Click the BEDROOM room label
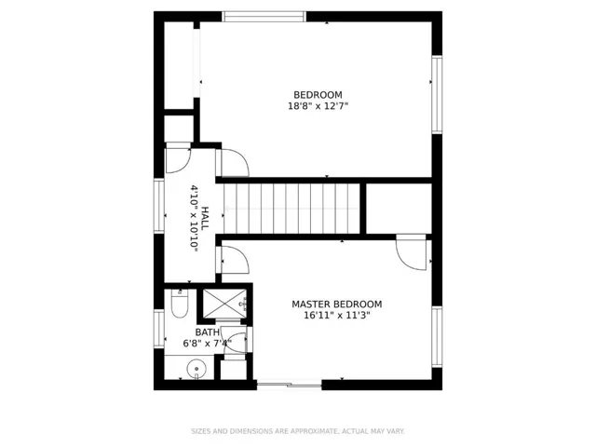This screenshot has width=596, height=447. [x=318, y=95]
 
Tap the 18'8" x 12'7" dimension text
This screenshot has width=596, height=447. [x=318, y=106]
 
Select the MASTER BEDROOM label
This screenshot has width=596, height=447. [x=337, y=305]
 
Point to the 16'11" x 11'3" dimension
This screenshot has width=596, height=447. [x=337, y=315]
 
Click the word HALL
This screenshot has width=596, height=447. [x=205, y=218]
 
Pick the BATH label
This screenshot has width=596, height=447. [x=207, y=332]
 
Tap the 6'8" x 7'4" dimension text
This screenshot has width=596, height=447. [x=207, y=344]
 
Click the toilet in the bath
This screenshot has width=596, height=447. [x=180, y=304]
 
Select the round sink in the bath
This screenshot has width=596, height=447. [x=196, y=369]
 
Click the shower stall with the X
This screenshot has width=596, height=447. [x=224, y=304]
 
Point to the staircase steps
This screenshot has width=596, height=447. [x=291, y=209]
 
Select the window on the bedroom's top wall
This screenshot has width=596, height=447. [x=264, y=17]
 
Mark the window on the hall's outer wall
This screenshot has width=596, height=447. [x=159, y=206]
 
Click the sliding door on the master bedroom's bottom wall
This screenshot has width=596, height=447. [x=290, y=385]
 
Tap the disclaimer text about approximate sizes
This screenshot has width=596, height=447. [x=298, y=431]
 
